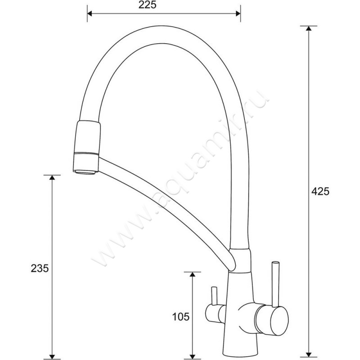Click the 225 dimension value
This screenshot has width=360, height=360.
pyautogui.click(x=148, y=5)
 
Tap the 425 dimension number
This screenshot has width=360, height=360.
pyautogui.click(x=320, y=191)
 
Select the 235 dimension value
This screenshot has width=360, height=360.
pyautogui.click(x=40, y=268)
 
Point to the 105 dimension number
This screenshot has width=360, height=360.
pyautogui.click(x=181, y=317)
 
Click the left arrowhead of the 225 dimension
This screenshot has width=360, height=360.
pyautogui.click(x=90, y=14)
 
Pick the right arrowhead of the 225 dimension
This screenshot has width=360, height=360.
pyautogui.click(x=238, y=14)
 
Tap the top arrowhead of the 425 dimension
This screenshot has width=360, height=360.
pyautogui.click(x=309, y=28)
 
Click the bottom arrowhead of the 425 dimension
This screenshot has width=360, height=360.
pyautogui.click(x=309, y=355)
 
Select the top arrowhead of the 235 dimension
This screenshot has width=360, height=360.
pyautogui.click(x=52, y=177)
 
